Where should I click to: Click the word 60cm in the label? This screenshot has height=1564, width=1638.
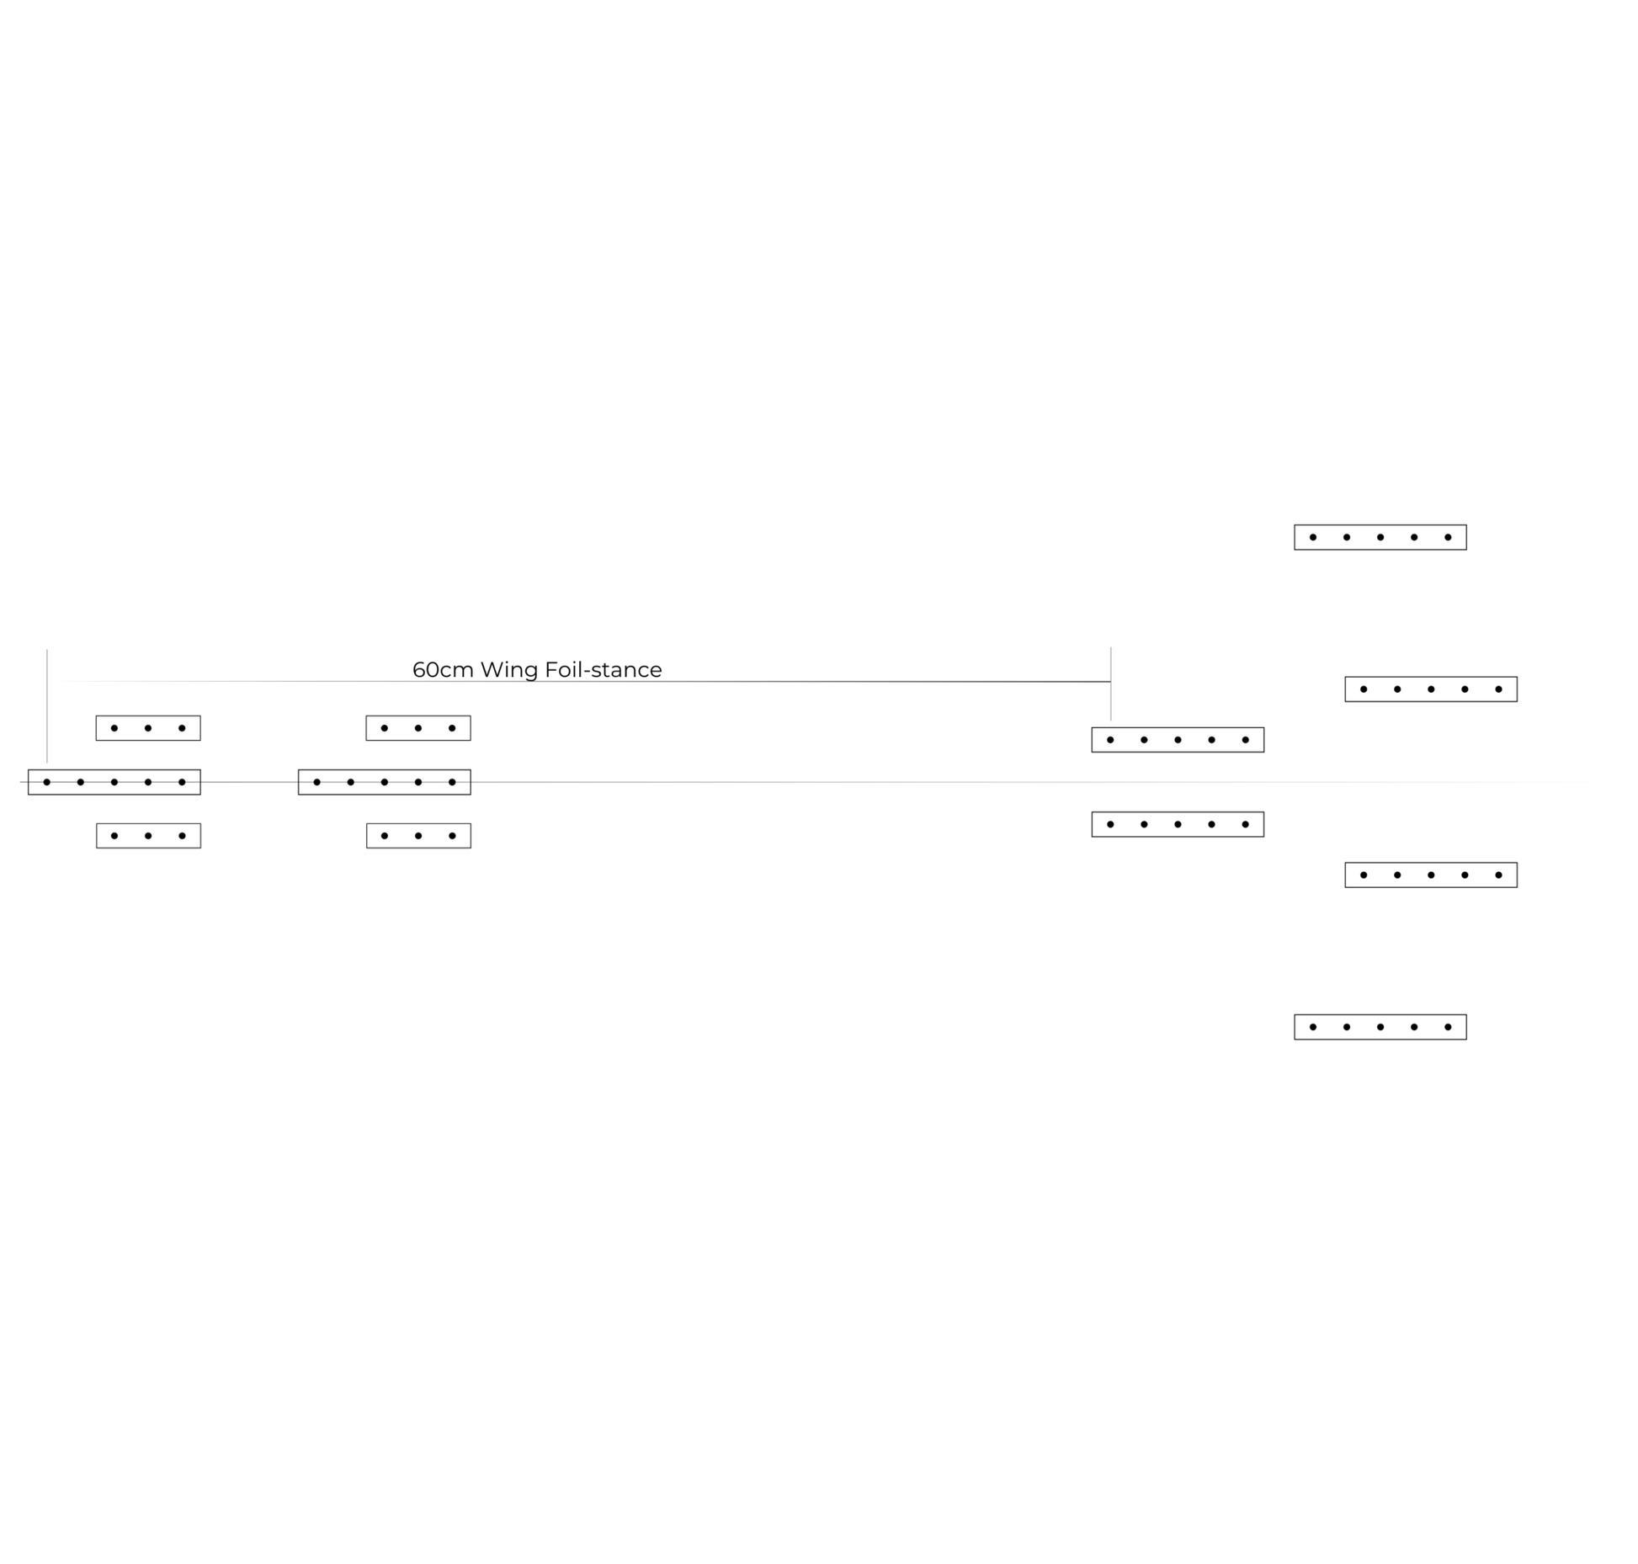pyautogui.click(x=443, y=670)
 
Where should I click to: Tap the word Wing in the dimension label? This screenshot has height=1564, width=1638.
pyautogui.click(x=509, y=671)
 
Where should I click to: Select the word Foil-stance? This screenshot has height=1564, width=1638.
pyautogui.click(x=604, y=670)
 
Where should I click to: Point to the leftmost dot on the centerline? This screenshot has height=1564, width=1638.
pyautogui.click(x=47, y=782)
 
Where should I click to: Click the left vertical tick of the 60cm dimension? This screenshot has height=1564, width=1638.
pyautogui.click(x=47, y=706)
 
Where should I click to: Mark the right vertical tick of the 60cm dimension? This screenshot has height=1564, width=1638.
pyautogui.click(x=1111, y=684)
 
